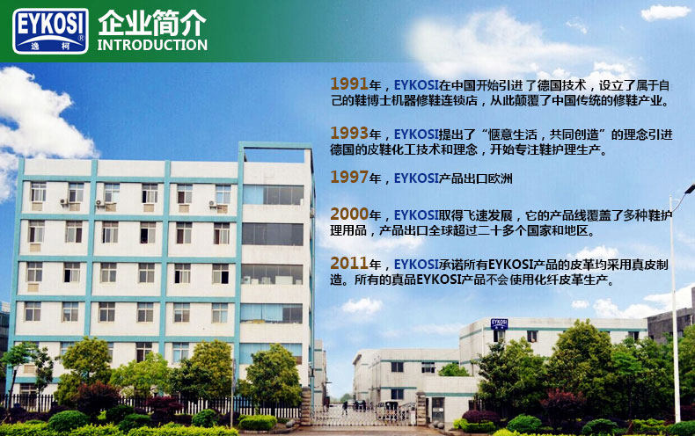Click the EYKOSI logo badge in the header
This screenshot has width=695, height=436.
(x=50, y=31)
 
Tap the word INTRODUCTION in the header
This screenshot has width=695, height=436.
(x=152, y=45)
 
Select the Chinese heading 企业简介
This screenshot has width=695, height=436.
(x=152, y=23)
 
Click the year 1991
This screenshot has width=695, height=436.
(x=349, y=84)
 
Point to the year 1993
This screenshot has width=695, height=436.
(x=349, y=133)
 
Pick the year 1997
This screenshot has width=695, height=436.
(x=349, y=178)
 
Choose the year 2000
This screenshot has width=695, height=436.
(x=349, y=214)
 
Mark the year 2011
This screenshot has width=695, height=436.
(x=349, y=263)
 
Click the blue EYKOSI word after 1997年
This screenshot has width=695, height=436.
(x=416, y=178)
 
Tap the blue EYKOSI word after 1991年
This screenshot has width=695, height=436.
(x=416, y=85)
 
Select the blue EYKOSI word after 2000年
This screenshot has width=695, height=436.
(x=416, y=215)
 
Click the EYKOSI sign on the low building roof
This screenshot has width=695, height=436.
(x=499, y=323)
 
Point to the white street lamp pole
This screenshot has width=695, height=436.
(x=675, y=306)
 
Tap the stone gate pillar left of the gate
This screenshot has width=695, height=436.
(x=306, y=407)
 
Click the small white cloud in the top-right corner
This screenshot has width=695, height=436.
(x=665, y=12)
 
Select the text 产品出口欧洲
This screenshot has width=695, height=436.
(x=476, y=178)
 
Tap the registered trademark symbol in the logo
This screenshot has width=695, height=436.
(x=81, y=38)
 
